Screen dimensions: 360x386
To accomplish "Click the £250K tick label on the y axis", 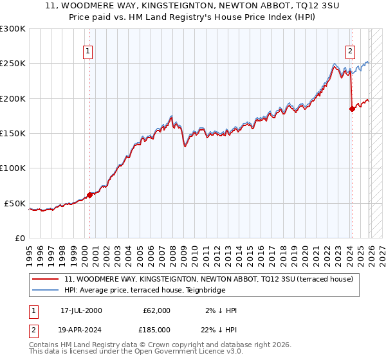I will pos(13,64).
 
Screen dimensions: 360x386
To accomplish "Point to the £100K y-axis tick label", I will pos(13,168).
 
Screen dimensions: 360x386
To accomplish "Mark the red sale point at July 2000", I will pos(90,195).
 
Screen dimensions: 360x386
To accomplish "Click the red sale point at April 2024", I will pos(352,109).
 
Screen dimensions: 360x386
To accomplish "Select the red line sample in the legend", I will pos(46,280).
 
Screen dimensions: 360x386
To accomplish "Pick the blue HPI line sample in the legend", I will pos(46,290).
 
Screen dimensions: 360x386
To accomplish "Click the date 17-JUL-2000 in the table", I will pos(81,310).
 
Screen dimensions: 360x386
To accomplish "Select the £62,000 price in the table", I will pos(156,310).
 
